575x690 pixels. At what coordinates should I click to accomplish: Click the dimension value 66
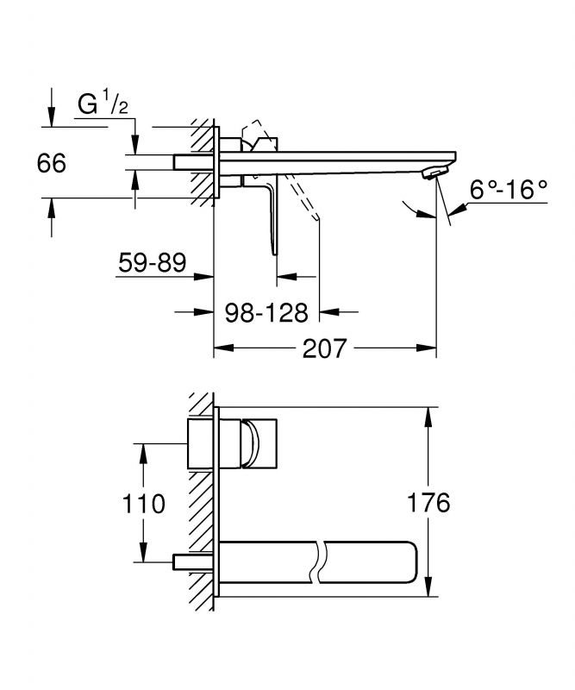(52, 163)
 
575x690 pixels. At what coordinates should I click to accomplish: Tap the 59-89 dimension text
(152, 262)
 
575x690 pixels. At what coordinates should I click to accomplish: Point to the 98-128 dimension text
(266, 310)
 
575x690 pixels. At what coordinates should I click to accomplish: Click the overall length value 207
(325, 349)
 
